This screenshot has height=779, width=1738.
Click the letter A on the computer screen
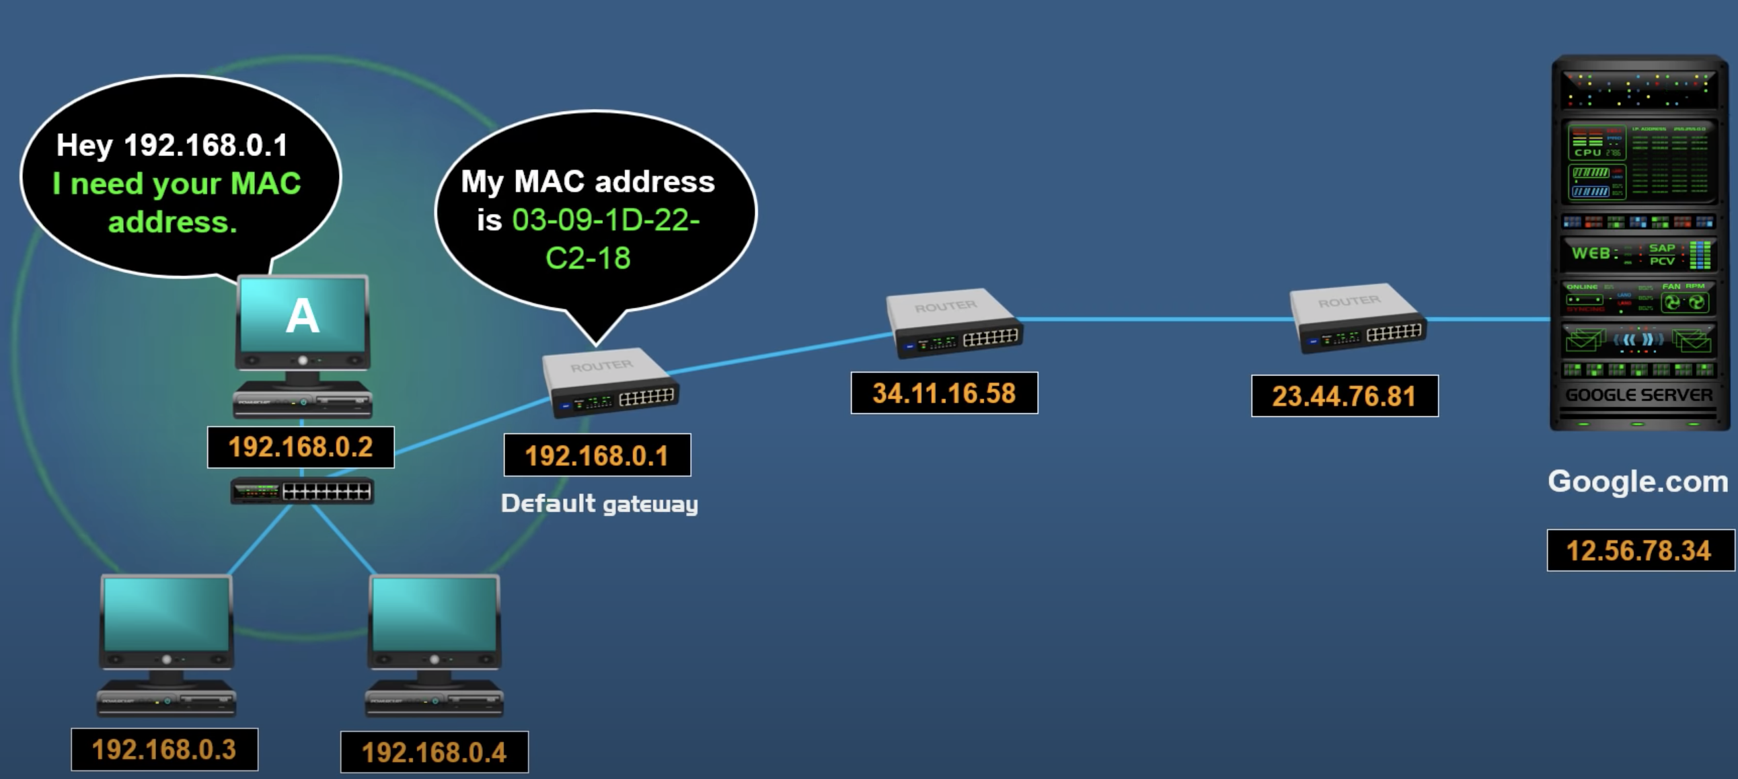tap(302, 316)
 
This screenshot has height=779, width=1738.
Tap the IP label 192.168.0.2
tap(300, 447)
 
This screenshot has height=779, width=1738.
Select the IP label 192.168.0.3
tap(164, 750)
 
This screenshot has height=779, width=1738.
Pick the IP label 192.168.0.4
tap(434, 753)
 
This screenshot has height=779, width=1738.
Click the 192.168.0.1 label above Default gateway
tap(597, 455)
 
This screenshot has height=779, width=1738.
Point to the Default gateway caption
tap(599, 504)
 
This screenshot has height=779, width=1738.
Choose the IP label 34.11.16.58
tap(944, 394)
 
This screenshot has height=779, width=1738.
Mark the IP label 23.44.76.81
tap(1344, 396)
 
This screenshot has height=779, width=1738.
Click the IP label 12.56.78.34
tap(1639, 551)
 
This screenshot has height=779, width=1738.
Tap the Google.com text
tap(1638, 482)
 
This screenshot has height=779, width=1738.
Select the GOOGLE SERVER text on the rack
tap(1639, 395)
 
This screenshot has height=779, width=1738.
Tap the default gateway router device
tap(611, 382)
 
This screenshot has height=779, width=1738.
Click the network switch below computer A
tap(302, 491)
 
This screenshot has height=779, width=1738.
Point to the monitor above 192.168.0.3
tap(166, 621)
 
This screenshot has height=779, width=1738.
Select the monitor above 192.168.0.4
tap(434, 621)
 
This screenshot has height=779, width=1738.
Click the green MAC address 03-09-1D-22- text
tap(605, 220)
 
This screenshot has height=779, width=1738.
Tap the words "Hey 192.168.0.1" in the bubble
tap(172, 145)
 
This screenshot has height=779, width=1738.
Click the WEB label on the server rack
tap(1591, 254)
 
